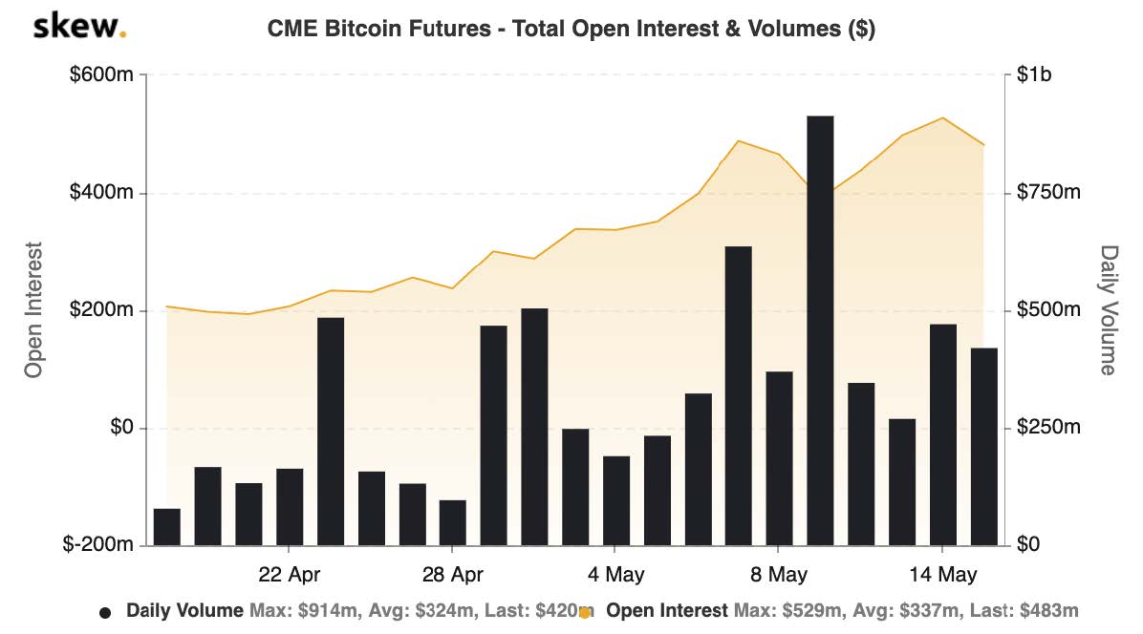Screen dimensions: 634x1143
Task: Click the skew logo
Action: [79, 28]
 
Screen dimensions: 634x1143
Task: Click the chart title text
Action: [571, 30]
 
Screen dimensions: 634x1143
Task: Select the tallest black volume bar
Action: [820, 330]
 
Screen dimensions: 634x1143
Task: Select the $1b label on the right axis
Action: [1034, 75]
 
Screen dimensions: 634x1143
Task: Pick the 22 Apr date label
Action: [289, 575]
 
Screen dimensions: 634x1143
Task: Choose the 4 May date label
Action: [615, 575]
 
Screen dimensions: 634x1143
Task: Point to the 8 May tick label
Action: [778, 575]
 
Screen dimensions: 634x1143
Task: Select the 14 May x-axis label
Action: [942, 575]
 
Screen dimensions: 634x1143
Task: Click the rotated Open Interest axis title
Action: [34, 310]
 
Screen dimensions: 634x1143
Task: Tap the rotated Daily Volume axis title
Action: [1109, 310]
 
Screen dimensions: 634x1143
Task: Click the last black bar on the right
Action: [984, 447]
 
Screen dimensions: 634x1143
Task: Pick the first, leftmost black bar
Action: [167, 527]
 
